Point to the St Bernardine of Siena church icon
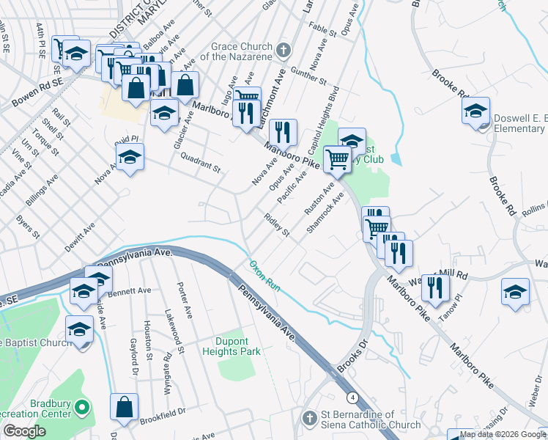coord(308,419)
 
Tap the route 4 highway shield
coord(353,397)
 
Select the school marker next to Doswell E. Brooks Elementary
coord(475,111)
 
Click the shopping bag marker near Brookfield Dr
coord(125,407)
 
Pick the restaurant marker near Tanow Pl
coord(436,287)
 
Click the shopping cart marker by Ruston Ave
coord(337,158)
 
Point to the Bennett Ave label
coord(132,291)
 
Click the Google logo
coord(25,431)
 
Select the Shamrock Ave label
coord(325,213)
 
